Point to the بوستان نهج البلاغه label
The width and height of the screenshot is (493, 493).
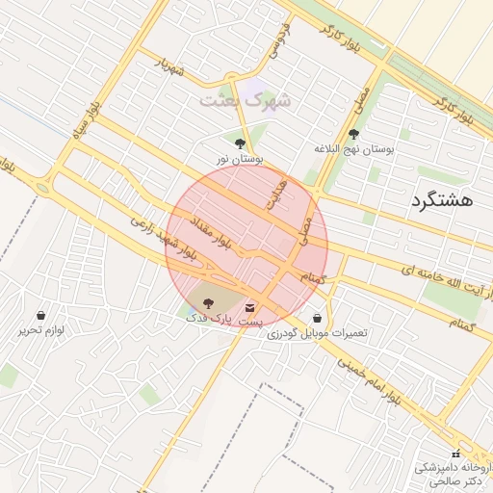click(x=355, y=149)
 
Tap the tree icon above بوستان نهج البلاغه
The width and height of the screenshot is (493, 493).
click(x=354, y=134)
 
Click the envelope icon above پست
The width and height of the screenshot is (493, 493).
click(x=250, y=308)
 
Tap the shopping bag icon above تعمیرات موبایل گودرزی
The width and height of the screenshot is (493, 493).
click(x=317, y=318)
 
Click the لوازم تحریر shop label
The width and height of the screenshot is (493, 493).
click(x=40, y=330)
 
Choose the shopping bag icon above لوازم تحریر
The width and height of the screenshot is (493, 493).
click(x=40, y=315)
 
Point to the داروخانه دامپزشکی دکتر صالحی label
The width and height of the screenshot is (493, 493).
click(x=454, y=473)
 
